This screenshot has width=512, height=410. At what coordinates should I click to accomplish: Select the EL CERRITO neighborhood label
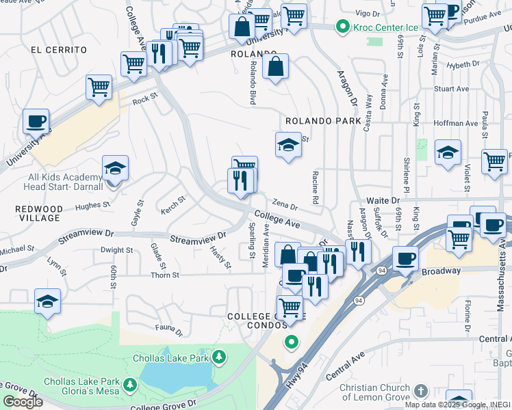(x=59, y=50)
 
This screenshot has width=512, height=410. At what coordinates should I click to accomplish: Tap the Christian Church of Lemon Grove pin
(x=420, y=391)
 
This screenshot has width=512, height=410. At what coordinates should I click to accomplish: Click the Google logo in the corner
(x=23, y=402)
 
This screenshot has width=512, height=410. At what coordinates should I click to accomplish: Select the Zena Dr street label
(x=285, y=204)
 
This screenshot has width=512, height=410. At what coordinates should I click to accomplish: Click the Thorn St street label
(x=165, y=275)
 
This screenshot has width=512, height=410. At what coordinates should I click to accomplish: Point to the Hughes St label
(x=93, y=204)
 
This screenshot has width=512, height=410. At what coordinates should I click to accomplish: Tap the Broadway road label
(x=441, y=271)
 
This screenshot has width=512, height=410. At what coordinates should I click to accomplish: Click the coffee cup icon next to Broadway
(x=405, y=259)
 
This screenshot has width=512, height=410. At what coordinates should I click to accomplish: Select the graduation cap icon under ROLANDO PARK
(x=288, y=145)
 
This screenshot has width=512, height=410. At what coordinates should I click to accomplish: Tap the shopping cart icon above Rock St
(x=99, y=87)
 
